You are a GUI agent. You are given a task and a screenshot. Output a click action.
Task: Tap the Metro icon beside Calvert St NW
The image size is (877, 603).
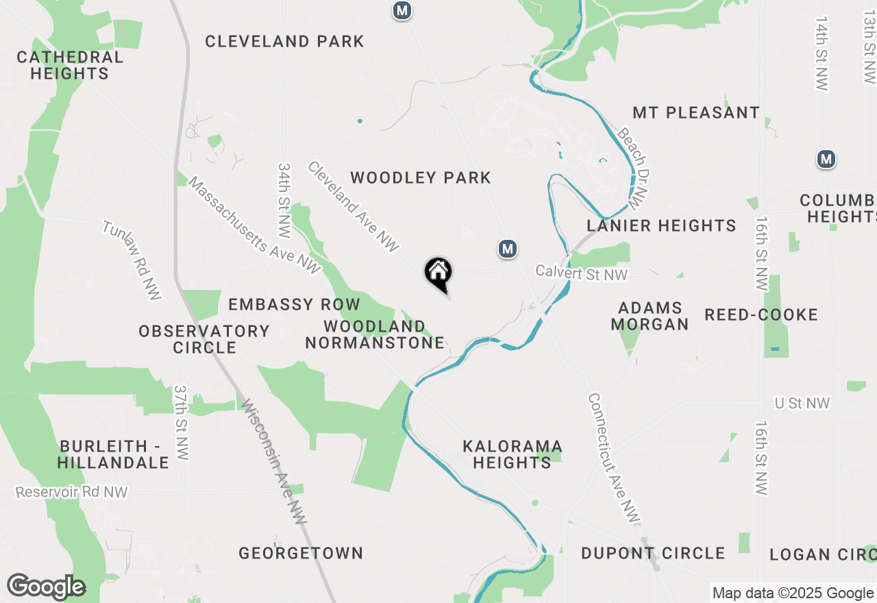pyautogui.click(x=507, y=249)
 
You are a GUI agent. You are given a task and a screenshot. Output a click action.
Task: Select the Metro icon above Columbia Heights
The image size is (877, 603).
pyautogui.click(x=826, y=160)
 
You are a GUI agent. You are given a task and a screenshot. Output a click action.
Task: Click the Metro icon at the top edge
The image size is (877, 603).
pyautogui.click(x=402, y=10)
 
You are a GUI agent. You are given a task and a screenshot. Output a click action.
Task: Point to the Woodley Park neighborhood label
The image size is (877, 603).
pyautogui.click(x=421, y=178)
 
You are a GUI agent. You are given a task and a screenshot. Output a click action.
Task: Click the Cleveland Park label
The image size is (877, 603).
pyautogui.click(x=284, y=42)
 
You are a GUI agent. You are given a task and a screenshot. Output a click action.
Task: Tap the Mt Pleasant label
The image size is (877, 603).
pyautogui.click(x=696, y=112)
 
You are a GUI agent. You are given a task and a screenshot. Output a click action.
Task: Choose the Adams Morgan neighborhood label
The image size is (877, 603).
pyautogui.click(x=650, y=316)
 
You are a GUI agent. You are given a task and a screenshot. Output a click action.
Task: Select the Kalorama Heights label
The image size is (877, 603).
pyautogui.click(x=512, y=455)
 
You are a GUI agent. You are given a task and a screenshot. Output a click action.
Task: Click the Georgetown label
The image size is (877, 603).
pyautogui.click(x=301, y=553)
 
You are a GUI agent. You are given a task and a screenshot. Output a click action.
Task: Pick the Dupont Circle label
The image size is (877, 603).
pyautogui.click(x=653, y=553)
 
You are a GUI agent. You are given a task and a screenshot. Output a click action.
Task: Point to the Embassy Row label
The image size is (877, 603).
pyautogui.click(x=294, y=304)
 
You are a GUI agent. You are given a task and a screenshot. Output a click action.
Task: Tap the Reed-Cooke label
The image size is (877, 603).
pyautogui.click(x=761, y=315)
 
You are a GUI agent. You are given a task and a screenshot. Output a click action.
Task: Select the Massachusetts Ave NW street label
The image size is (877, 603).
pyautogui.click(x=254, y=225)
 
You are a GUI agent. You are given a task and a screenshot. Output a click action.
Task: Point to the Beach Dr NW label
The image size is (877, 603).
pyautogui.click(x=632, y=168)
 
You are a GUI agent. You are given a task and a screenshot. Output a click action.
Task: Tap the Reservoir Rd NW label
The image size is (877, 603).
pyautogui.click(x=71, y=492)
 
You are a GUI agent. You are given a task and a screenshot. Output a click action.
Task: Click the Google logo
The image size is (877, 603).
pyautogui.click(x=46, y=587)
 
